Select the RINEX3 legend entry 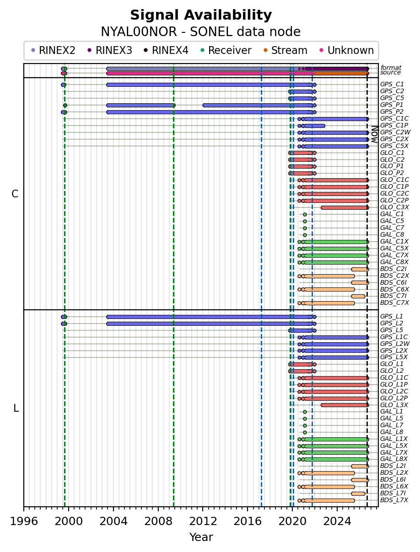tap(110, 50)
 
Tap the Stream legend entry tap(285, 50)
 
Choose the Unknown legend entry tap(347, 50)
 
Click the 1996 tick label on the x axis tap(24, 521)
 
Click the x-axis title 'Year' tap(201, 537)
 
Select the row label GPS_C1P tap(394, 125)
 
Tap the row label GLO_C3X tap(394, 207)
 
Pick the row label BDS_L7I tap(393, 493)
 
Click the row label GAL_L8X tap(394, 459)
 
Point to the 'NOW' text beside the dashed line tap(375, 134)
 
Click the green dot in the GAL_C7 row tap(305, 228)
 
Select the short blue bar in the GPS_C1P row tap(314, 126)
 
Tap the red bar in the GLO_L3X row tap(345, 405)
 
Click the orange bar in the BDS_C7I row tap(358, 296)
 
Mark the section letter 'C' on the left tap(15, 194)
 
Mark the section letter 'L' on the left tap(16, 408)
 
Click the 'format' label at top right tap(391, 68)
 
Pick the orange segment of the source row tap(342, 74)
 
